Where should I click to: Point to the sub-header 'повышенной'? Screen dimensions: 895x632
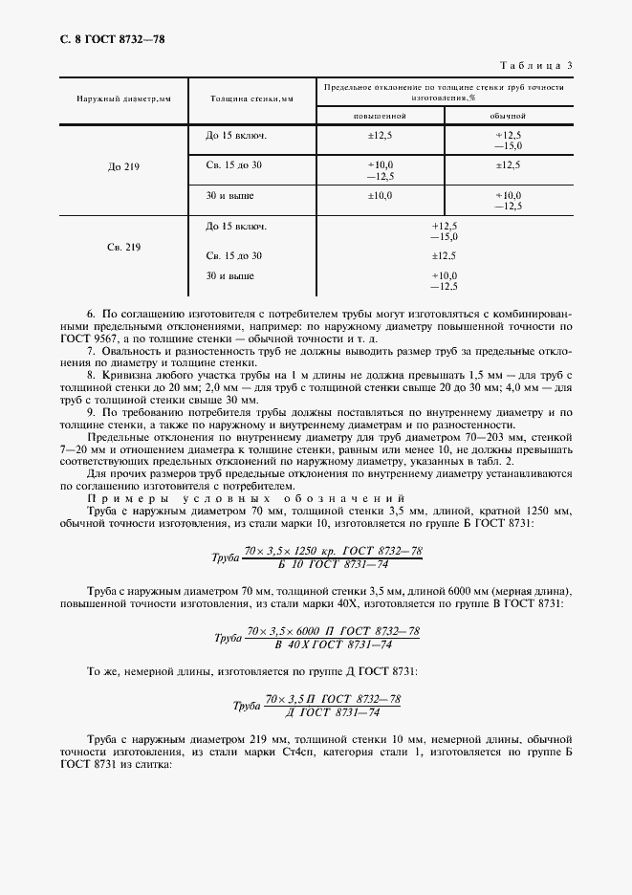380,115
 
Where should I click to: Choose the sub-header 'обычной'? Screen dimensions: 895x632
508,115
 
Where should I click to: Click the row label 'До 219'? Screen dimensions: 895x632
123,167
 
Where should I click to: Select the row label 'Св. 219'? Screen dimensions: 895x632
123,248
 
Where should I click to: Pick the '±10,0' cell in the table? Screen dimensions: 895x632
380,196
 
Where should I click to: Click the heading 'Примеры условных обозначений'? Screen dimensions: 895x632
247,499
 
